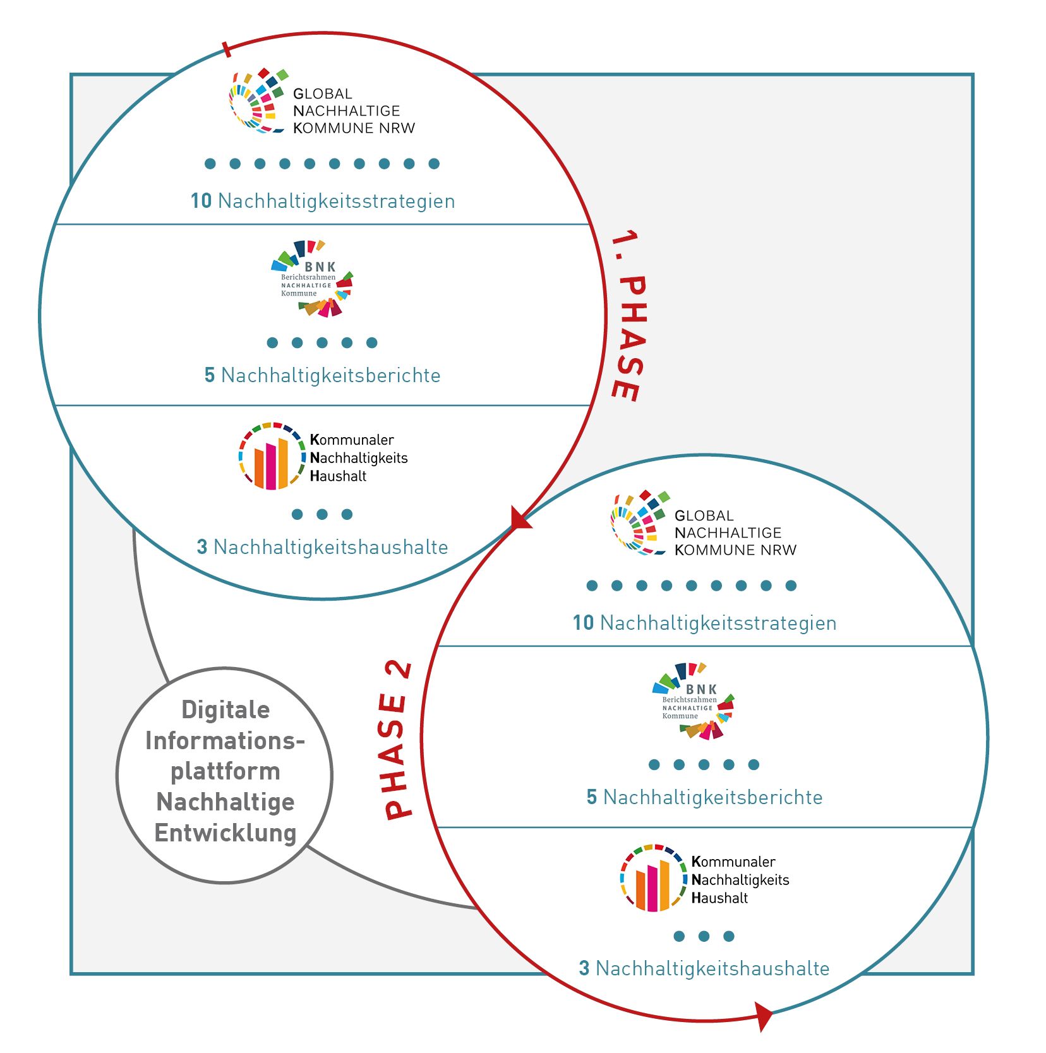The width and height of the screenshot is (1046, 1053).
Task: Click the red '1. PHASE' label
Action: click(x=627, y=316)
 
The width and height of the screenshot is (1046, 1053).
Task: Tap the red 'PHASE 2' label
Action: click(x=398, y=739)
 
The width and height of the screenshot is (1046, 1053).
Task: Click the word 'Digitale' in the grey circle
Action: click(x=225, y=709)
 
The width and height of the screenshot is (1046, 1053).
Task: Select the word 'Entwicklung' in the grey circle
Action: click(x=225, y=833)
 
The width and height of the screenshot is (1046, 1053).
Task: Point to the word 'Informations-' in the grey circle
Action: click(x=225, y=740)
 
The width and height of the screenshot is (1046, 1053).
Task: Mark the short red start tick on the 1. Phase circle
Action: click(x=227, y=49)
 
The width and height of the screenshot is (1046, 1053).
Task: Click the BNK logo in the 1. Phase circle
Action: click(x=312, y=278)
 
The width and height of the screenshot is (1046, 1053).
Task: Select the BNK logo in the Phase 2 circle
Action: click(x=694, y=701)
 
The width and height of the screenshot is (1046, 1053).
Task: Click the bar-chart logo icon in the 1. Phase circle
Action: click(x=271, y=456)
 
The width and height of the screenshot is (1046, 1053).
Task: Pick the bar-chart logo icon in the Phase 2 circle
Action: click(x=652, y=878)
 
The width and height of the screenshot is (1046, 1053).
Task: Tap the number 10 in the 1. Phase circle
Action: click(x=201, y=201)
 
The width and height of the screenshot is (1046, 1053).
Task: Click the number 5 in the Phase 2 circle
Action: click(x=592, y=797)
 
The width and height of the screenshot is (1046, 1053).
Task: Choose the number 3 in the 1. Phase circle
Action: click(x=202, y=547)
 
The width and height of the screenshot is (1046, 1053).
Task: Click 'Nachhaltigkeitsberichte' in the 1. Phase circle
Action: click(x=331, y=375)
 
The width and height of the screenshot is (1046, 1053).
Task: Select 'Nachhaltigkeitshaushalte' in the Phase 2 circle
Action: click(x=712, y=968)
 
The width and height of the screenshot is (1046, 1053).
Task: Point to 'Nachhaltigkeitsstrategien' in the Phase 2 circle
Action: click(x=718, y=623)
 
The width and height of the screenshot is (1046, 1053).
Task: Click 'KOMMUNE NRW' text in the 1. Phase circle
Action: click(x=354, y=128)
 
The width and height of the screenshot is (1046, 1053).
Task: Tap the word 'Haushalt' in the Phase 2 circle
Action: click(x=719, y=898)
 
